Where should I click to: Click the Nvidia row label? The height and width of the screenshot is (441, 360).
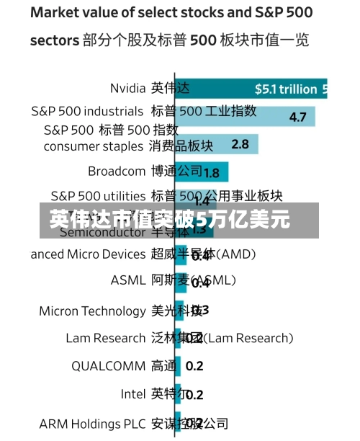[x=127, y=88]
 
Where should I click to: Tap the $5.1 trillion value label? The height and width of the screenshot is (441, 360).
[x=286, y=89]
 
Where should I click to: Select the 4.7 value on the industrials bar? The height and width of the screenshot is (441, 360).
[x=297, y=117]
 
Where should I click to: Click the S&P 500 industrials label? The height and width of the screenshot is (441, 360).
[x=87, y=111]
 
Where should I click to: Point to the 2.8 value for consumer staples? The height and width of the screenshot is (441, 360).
[x=240, y=144]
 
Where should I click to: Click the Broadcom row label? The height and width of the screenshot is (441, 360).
[x=117, y=171]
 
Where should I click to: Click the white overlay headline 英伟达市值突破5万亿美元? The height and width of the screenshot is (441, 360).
[x=169, y=219]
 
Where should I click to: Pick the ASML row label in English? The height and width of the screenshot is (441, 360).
[x=127, y=280]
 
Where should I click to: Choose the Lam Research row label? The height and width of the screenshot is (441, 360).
[x=105, y=338]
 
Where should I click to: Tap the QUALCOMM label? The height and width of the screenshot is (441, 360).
[x=108, y=365]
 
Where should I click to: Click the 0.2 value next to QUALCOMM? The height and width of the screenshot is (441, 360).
[x=194, y=366]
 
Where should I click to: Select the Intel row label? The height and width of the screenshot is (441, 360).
[x=132, y=394]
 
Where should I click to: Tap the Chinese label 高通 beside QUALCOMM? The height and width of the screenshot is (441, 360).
[x=163, y=365]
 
